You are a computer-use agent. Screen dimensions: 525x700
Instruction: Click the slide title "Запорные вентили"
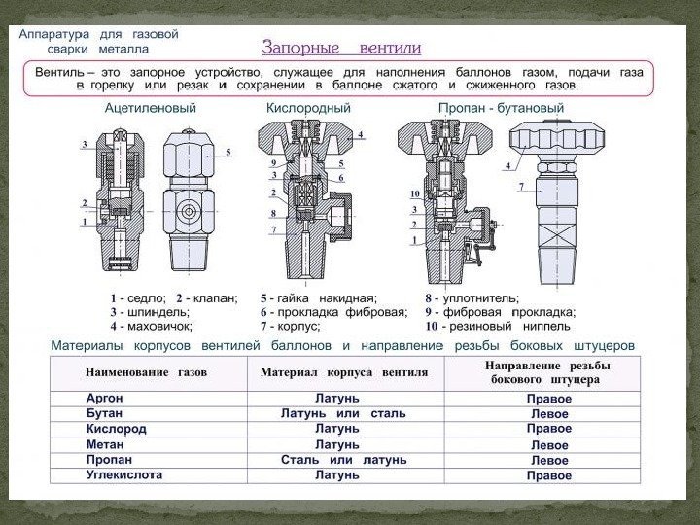pos(341,47)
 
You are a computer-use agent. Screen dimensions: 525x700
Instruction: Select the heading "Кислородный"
pos(308,108)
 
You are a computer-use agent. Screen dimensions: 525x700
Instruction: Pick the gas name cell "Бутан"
pos(104,413)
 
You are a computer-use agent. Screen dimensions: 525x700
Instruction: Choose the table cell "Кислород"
pos(116,429)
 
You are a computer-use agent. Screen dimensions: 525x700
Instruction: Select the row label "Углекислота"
pos(123,475)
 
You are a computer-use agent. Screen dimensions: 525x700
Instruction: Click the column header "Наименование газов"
pos(146,372)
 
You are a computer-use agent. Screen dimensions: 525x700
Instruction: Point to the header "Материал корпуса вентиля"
pos(344,372)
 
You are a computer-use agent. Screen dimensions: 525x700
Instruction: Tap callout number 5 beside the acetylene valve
pos(228,152)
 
